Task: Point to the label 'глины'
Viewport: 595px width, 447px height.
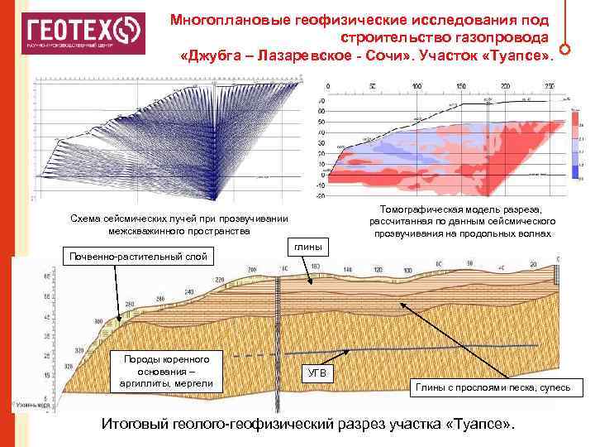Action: [308, 248]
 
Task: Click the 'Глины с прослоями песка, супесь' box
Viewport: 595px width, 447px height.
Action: [493, 387]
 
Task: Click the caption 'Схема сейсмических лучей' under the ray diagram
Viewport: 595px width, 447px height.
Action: [179, 223]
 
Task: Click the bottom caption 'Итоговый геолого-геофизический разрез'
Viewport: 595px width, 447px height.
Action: [307, 423]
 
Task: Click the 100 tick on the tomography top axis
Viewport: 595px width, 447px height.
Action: [416, 87]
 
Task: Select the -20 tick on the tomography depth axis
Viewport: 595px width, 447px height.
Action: [321, 196]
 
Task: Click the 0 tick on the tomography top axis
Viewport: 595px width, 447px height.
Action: [328, 87]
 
